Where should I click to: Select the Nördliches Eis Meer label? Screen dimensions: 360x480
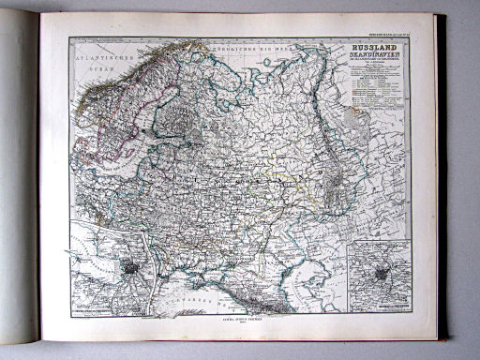click(x=245, y=48)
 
